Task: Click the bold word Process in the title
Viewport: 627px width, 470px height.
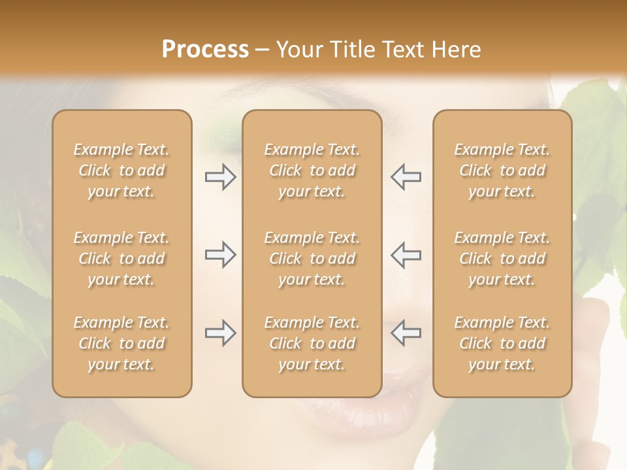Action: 205,50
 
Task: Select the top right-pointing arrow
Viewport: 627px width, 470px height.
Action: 220,178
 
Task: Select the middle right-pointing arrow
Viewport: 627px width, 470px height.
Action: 220,255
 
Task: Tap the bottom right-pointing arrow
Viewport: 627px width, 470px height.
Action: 220,334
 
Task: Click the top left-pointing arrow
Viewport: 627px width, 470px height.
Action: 406,178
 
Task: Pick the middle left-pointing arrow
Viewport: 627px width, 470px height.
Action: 406,255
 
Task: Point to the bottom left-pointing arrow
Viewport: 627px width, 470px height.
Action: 406,334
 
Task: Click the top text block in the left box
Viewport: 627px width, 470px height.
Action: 121,170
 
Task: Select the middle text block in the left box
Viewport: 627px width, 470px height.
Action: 121,258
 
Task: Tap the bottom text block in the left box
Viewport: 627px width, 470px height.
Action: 121,343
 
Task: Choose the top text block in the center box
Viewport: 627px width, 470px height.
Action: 312,170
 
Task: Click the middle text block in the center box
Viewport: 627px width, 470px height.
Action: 312,258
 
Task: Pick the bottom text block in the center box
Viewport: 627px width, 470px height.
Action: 312,343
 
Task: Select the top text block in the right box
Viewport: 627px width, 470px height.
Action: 502,170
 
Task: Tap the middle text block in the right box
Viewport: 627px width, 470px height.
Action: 502,258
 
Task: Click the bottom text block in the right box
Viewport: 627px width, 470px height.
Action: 502,343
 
